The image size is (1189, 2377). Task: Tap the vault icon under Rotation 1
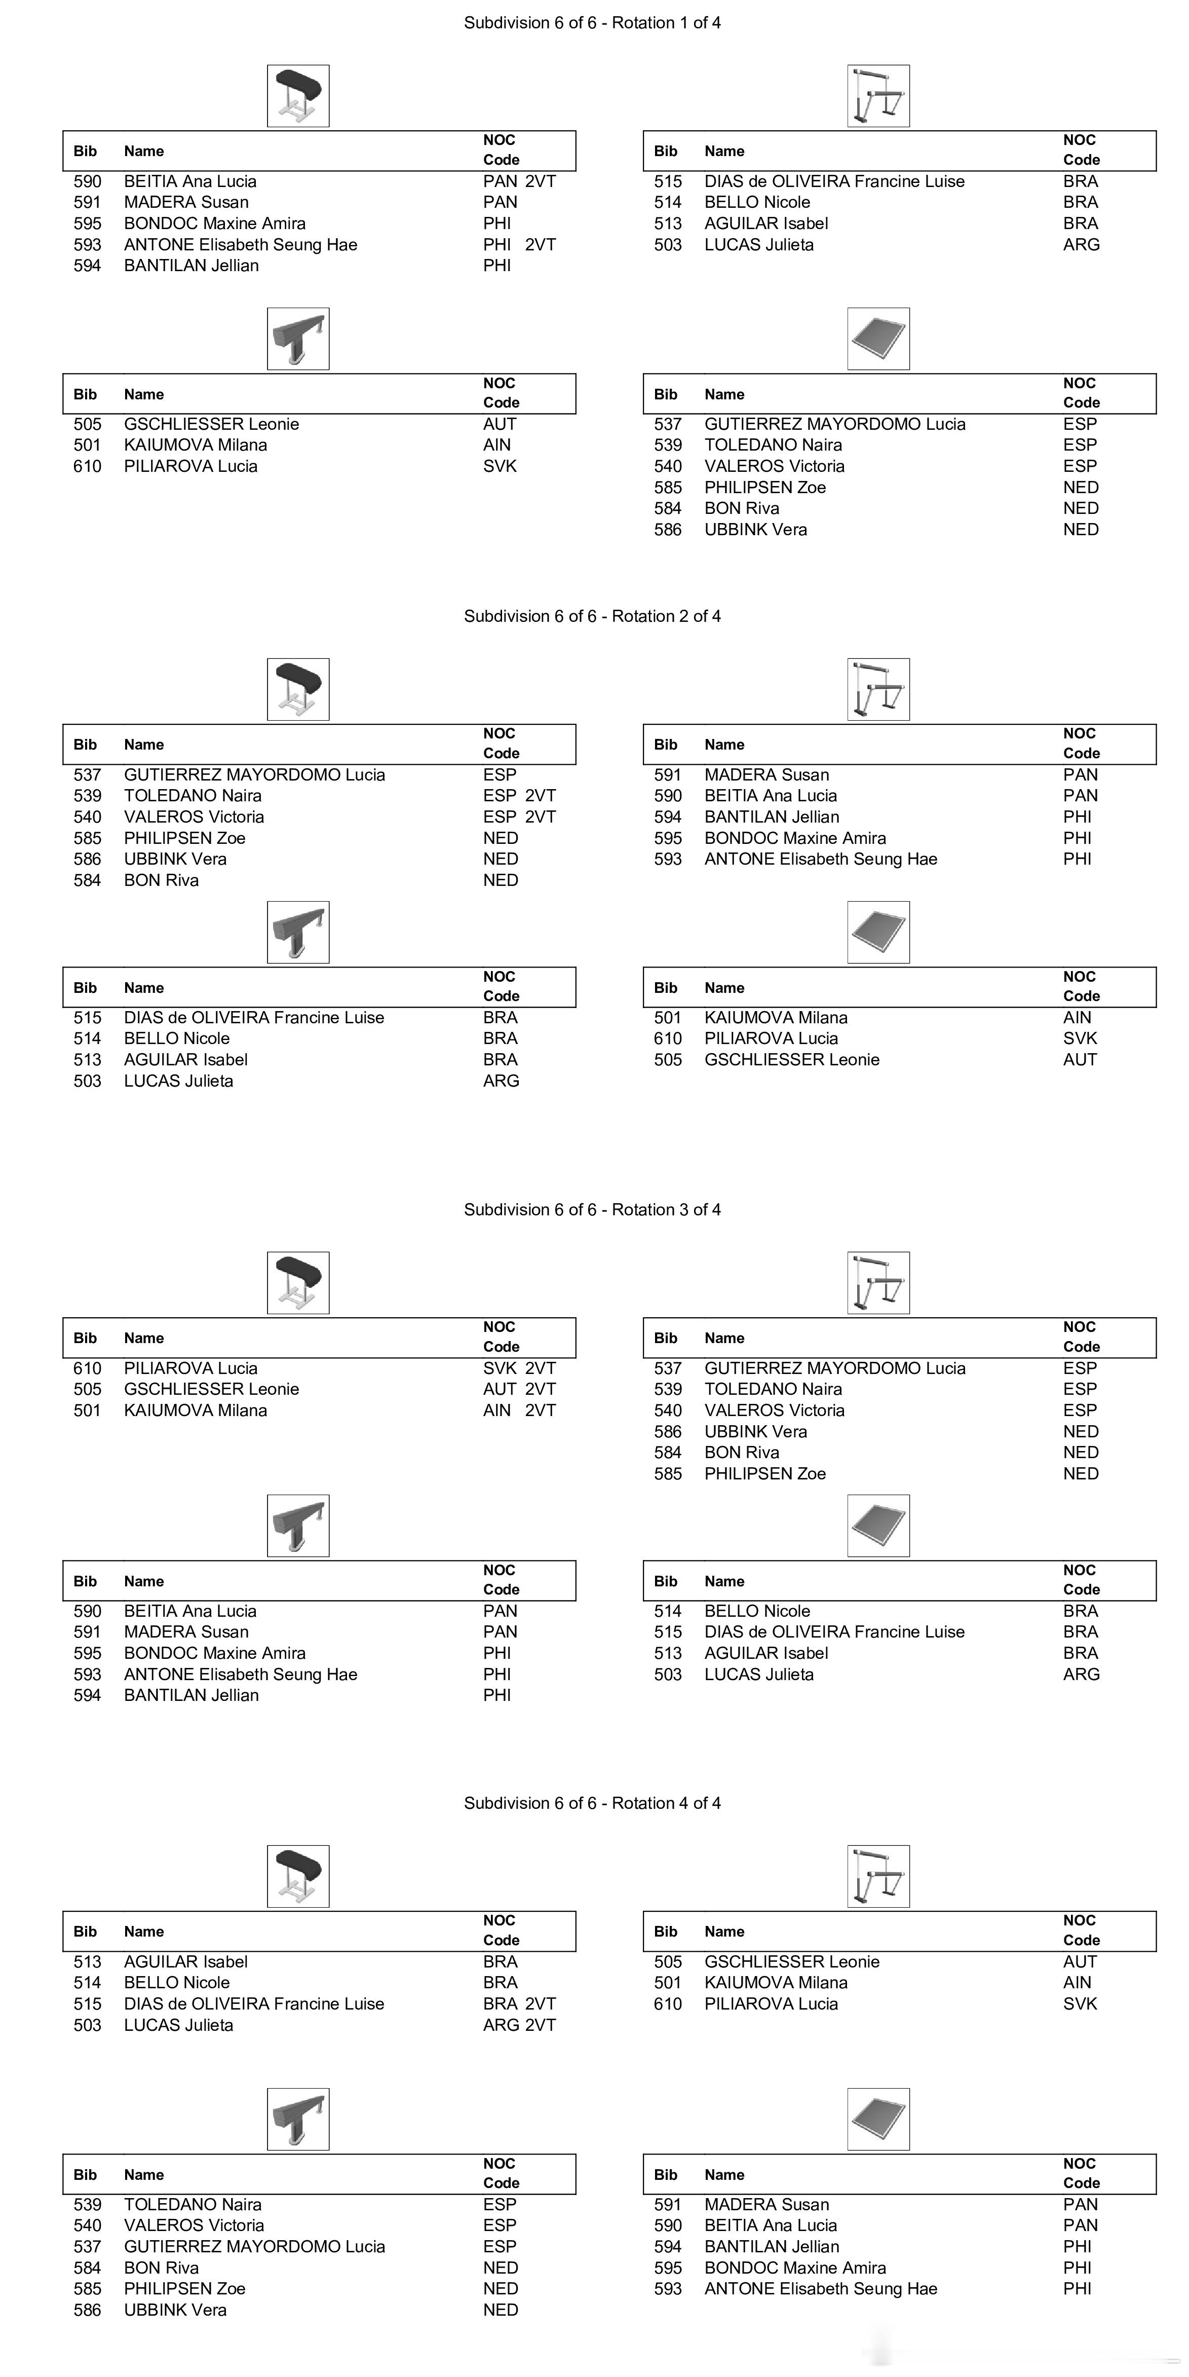coord(298,96)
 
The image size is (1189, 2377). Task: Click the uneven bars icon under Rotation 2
coord(878,689)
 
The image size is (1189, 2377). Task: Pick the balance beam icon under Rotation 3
coord(298,1526)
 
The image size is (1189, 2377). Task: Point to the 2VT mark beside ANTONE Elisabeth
coord(541,244)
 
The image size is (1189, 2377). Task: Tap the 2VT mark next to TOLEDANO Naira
coord(541,795)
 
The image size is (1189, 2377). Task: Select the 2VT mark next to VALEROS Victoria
coord(541,816)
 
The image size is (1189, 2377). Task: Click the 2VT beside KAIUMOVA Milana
coord(541,1410)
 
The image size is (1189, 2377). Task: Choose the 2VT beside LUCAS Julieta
coord(541,2025)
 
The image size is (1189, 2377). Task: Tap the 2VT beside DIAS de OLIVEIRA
coord(541,2003)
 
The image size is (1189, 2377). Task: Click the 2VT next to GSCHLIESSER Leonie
coord(541,1389)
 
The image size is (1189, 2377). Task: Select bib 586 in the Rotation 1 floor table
coord(668,530)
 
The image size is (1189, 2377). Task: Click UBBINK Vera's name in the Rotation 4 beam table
coord(175,2310)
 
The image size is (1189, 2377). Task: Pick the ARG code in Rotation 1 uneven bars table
coord(1081,244)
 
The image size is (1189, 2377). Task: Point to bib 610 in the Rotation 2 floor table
coord(668,1038)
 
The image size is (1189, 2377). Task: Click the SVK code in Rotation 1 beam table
coord(500,466)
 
